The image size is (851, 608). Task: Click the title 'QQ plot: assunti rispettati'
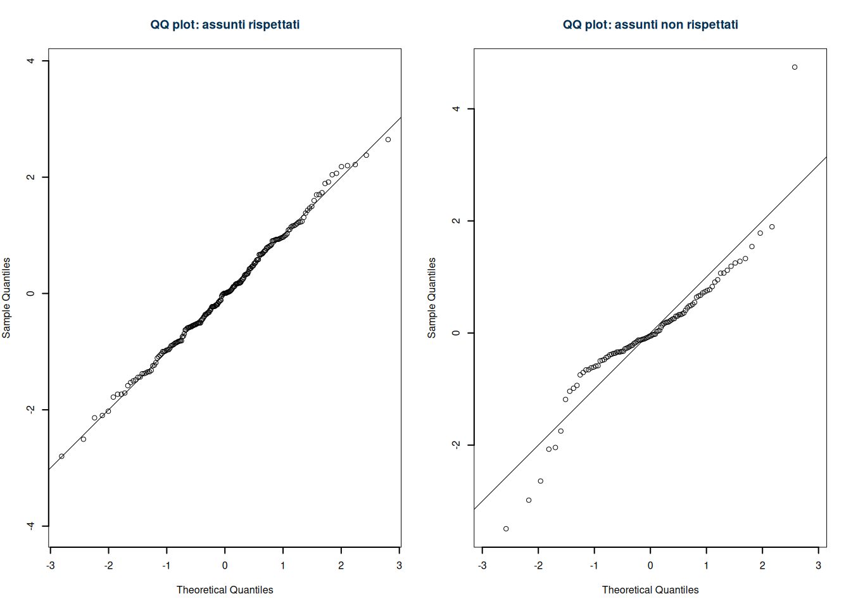(x=225, y=25)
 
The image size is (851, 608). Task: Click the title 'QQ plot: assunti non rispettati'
(x=650, y=25)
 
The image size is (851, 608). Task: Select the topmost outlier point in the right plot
(x=795, y=67)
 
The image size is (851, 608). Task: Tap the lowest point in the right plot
(x=506, y=529)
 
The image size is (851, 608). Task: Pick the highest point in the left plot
(x=388, y=139)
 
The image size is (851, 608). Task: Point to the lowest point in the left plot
(x=61, y=457)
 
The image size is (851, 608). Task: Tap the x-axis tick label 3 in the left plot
(x=399, y=566)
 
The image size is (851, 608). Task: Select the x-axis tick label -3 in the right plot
(x=482, y=566)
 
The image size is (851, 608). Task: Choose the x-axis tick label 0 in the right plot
(x=650, y=566)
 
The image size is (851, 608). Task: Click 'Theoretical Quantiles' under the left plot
(x=225, y=590)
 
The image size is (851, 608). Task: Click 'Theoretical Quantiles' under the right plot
(x=650, y=590)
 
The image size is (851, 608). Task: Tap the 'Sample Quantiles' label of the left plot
(x=6, y=298)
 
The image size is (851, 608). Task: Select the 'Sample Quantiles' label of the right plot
(x=432, y=298)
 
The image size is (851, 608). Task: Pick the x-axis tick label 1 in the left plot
(x=283, y=566)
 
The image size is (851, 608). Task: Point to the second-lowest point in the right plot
(x=529, y=500)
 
